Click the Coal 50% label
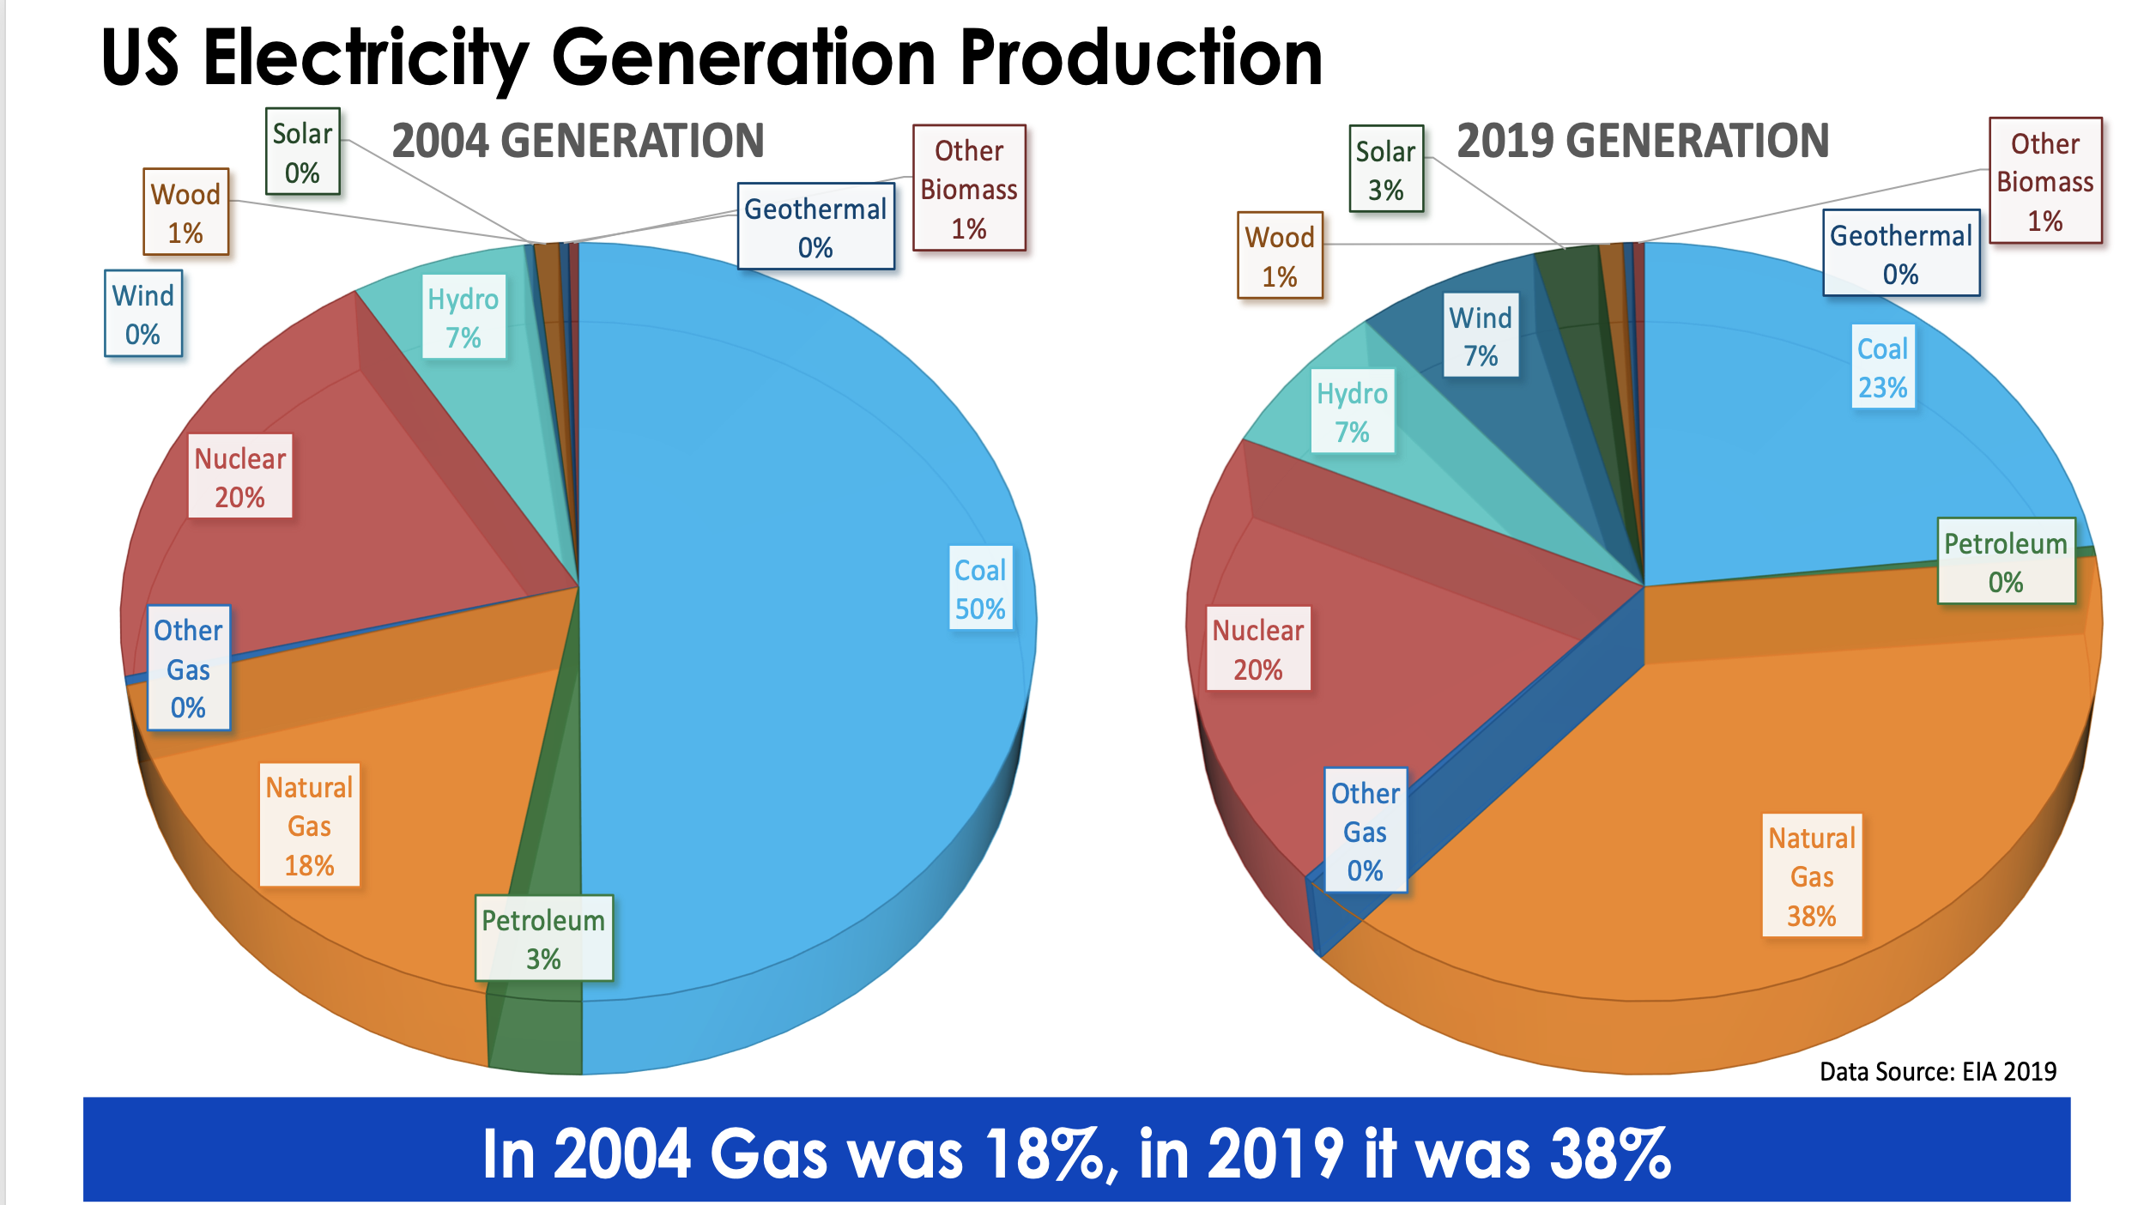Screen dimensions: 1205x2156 (x=980, y=589)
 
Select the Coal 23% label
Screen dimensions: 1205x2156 (x=1882, y=367)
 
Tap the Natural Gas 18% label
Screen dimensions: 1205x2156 (x=309, y=826)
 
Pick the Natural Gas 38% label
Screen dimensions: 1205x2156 (x=1811, y=876)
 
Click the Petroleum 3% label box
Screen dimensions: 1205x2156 (x=543, y=939)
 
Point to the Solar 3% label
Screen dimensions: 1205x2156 (x=1385, y=170)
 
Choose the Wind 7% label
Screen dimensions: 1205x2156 (x=1481, y=336)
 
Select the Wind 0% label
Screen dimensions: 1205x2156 (x=142, y=314)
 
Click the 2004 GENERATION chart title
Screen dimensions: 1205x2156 (x=578, y=142)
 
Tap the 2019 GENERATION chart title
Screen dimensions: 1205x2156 (x=1643, y=142)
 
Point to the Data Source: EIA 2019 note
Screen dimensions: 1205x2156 (x=1937, y=1071)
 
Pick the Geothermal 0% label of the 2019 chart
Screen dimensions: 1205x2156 (x=1900, y=254)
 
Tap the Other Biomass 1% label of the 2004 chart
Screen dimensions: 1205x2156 (x=968, y=189)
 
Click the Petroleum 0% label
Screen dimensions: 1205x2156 (x=2005, y=562)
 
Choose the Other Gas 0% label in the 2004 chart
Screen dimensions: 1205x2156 (x=188, y=669)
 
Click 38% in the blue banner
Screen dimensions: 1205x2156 (x=1610, y=1154)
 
